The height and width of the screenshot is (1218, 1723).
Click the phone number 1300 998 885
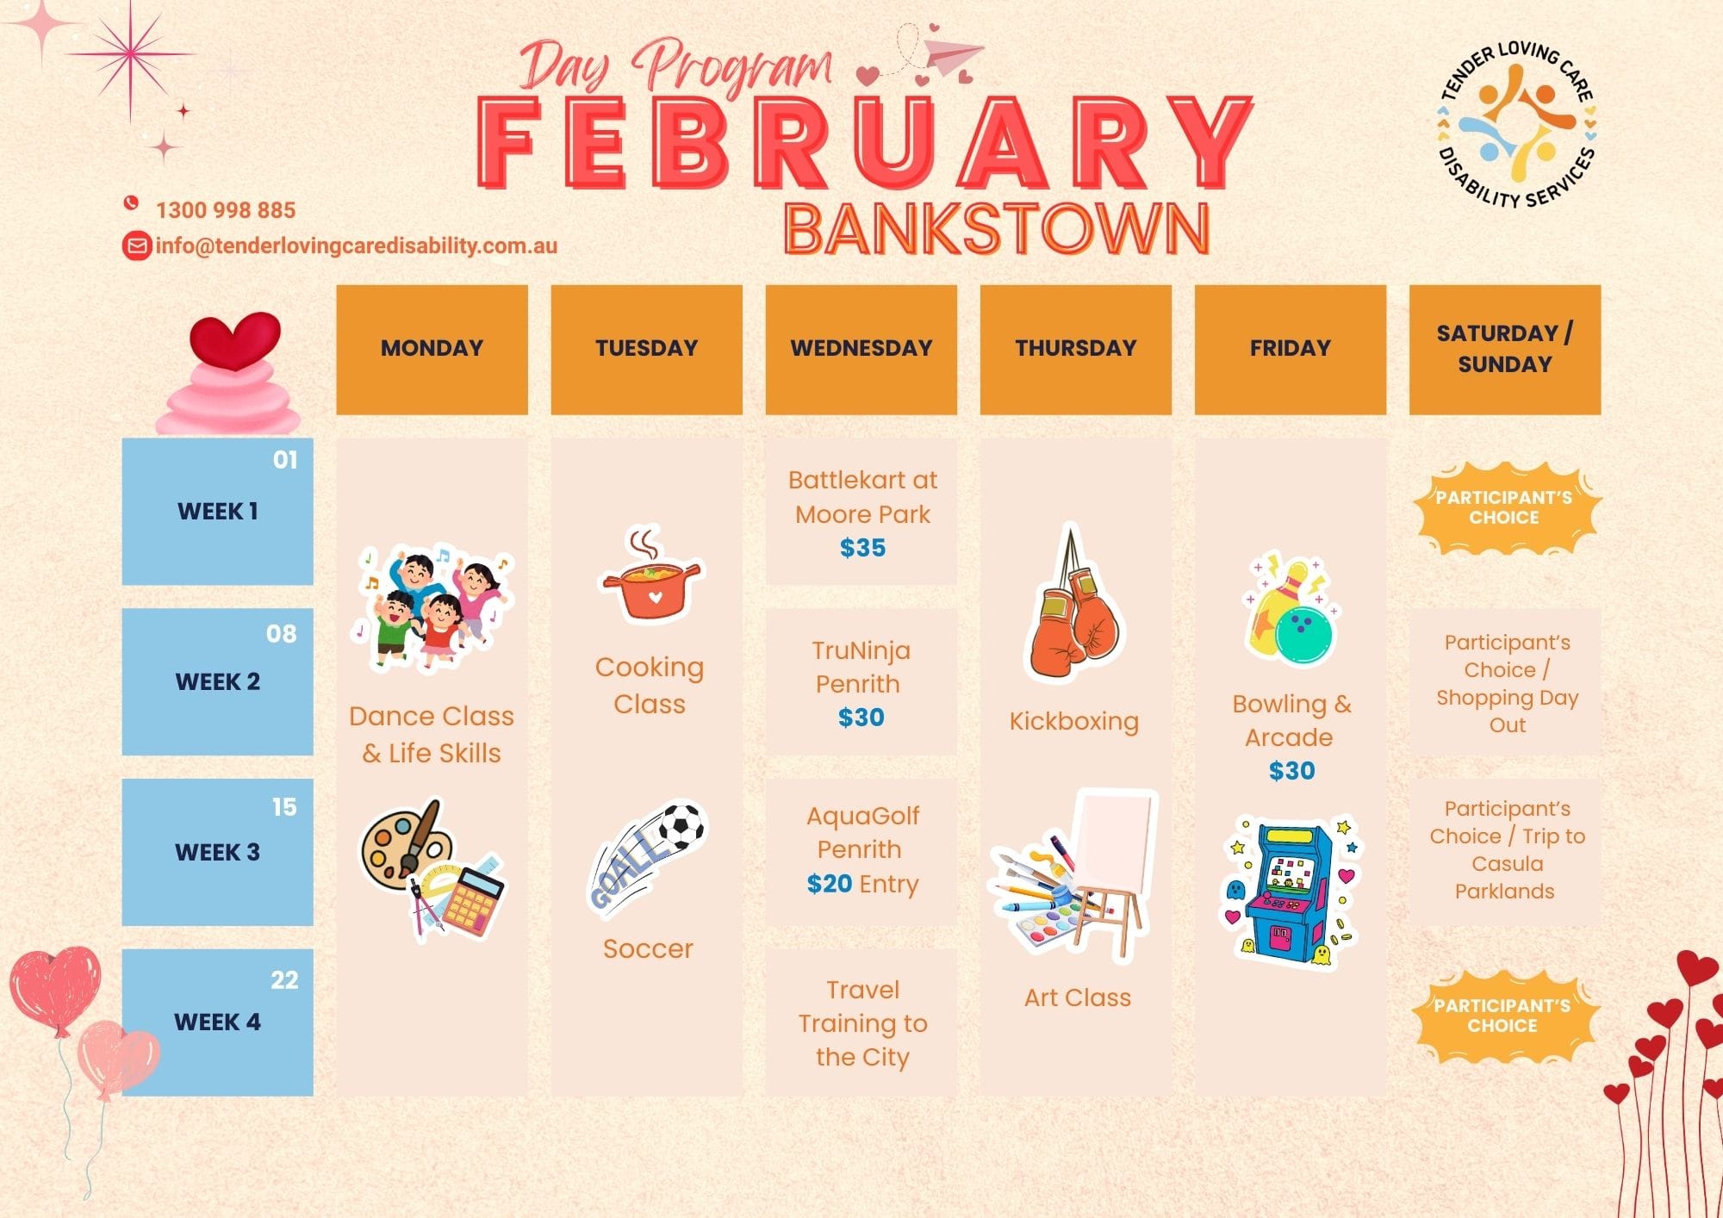pyautogui.click(x=226, y=210)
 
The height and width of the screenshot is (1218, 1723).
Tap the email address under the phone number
pyautogui.click(x=357, y=245)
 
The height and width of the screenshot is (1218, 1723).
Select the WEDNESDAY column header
pyautogui.click(x=861, y=349)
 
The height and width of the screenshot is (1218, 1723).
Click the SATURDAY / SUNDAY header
pyautogui.click(x=1505, y=349)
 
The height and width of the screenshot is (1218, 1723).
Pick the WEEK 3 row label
pyautogui.click(x=218, y=852)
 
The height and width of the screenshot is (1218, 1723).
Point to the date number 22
pyautogui.click(x=284, y=980)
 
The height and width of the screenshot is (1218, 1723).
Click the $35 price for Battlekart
pyautogui.click(x=862, y=548)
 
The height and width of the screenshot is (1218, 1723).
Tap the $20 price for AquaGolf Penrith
pyautogui.click(x=829, y=884)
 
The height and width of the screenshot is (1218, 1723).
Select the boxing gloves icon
pyautogui.click(x=1072, y=602)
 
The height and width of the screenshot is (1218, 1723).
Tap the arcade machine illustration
pyautogui.click(x=1291, y=891)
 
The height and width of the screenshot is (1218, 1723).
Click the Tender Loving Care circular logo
pyautogui.click(x=1516, y=124)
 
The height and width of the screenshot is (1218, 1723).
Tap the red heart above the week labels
pyautogui.click(x=235, y=340)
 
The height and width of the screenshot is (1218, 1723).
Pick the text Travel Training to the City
pyautogui.click(x=862, y=1023)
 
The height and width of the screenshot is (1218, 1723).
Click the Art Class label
pyautogui.click(x=1078, y=997)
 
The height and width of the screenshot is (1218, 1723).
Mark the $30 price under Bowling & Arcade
pyautogui.click(x=1292, y=771)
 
